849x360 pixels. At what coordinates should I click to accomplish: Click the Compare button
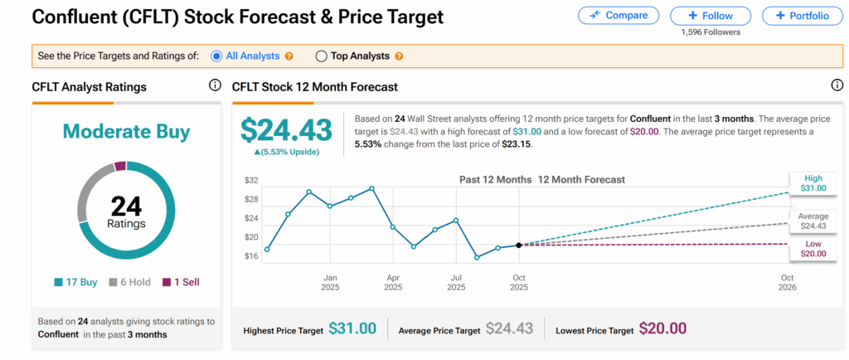click(x=619, y=15)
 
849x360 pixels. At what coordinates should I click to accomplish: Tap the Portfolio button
click(x=802, y=15)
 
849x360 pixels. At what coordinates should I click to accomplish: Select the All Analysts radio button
click(x=217, y=56)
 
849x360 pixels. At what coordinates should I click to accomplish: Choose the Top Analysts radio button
click(x=322, y=56)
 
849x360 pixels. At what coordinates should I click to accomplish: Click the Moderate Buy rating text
click(x=126, y=132)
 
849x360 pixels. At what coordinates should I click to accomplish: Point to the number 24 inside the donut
click(x=126, y=207)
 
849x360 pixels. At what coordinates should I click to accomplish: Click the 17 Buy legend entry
click(x=77, y=282)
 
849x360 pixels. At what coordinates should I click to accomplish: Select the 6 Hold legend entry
click(x=130, y=282)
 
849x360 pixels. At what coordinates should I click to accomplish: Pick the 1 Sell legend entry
click(x=180, y=282)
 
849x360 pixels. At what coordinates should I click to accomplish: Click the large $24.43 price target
click(x=286, y=129)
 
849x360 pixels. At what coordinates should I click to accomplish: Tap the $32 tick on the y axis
click(x=251, y=181)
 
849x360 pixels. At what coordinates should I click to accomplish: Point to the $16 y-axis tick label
click(x=251, y=255)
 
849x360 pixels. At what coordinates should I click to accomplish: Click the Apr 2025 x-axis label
click(x=393, y=283)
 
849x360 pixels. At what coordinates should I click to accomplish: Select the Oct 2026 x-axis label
click(x=787, y=283)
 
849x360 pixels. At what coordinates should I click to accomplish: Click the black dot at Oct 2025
click(x=519, y=245)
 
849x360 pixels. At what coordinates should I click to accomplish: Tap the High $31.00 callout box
click(x=813, y=182)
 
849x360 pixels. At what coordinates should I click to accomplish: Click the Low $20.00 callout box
click(x=813, y=249)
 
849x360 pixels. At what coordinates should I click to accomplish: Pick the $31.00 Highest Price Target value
click(x=352, y=329)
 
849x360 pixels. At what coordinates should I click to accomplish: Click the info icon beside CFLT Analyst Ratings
click(x=215, y=85)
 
